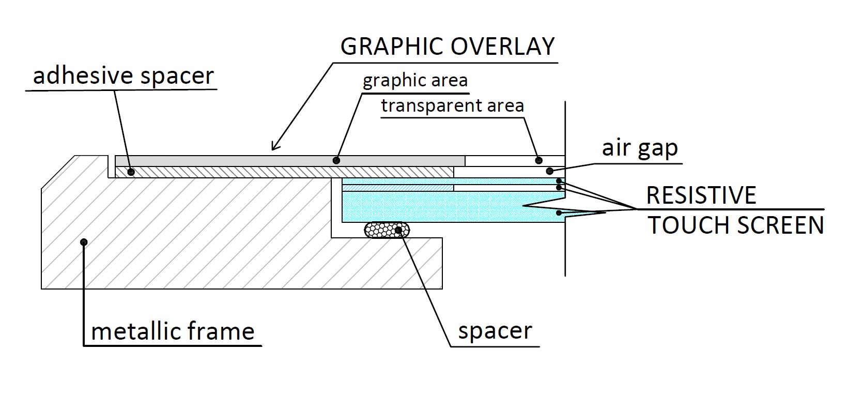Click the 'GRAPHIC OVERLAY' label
click(x=448, y=47)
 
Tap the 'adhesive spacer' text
click(x=123, y=75)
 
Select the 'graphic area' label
click(x=415, y=81)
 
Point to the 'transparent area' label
click(x=453, y=106)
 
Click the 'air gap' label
click(x=640, y=148)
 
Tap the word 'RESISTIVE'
click(x=701, y=195)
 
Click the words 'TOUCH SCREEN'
click(x=736, y=225)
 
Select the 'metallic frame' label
click(x=173, y=331)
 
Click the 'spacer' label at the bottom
click(x=495, y=331)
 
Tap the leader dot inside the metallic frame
click(x=84, y=241)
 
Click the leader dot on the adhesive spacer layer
click(x=131, y=172)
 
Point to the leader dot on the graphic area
click(x=336, y=160)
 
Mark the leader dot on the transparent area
click(x=538, y=160)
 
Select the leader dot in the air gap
click(x=549, y=171)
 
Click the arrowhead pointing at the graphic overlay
click(x=274, y=148)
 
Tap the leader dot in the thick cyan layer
click(x=559, y=212)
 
